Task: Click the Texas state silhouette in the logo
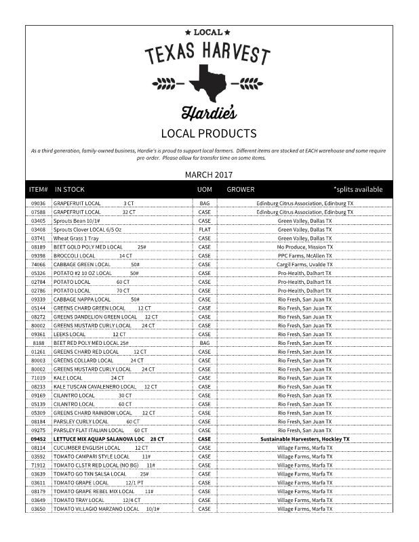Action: tap(209, 84)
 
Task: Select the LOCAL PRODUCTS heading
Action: tap(209, 133)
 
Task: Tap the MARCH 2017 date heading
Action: tap(209, 175)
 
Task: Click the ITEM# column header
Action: tap(38, 189)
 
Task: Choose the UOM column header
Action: tap(204, 189)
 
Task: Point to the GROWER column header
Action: tap(241, 189)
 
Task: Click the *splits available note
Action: tap(358, 189)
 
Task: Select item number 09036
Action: tap(38, 203)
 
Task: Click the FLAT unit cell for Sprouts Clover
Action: tap(204, 230)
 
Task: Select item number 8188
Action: tap(38, 343)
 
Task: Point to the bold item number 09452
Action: tap(38, 439)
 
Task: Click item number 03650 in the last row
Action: tap(38, 508)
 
